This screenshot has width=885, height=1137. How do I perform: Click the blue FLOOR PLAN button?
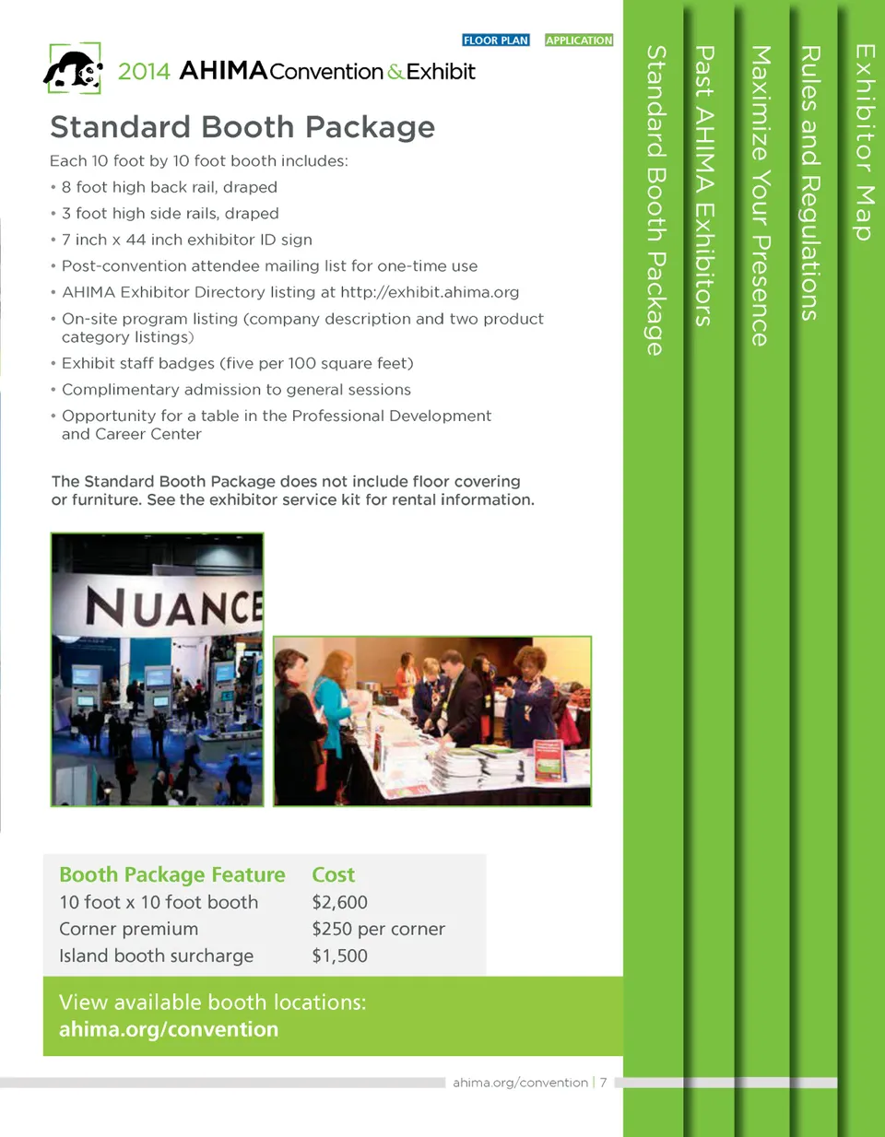(496, 41)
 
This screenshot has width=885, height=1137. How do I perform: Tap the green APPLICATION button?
(579, 41)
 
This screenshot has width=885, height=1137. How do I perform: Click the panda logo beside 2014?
(74, 70)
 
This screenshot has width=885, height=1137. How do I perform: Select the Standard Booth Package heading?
(242, 127)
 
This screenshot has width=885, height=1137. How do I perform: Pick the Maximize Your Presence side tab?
(760, 195)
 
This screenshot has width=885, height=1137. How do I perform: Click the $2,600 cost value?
(339, 902)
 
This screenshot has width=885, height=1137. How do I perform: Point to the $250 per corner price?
(378, 929)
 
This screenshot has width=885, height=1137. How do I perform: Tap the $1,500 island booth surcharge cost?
(339, 955)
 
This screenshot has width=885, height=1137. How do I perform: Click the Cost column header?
(333, 874)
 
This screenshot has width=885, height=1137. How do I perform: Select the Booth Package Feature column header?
(172, 874)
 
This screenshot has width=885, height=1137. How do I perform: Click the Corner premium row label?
(129, 929)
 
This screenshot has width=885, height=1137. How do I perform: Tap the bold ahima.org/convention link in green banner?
(169, 1029)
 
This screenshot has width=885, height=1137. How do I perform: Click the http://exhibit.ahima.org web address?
(430, 292)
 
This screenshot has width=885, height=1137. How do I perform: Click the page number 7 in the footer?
(603, 1083)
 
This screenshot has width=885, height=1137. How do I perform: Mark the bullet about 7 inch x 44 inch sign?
(187, 240)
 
